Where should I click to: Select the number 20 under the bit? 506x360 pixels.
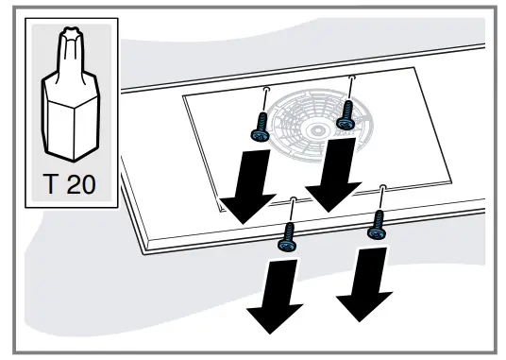(81, 180)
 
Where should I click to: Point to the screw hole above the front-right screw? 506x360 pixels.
(382, 187)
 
